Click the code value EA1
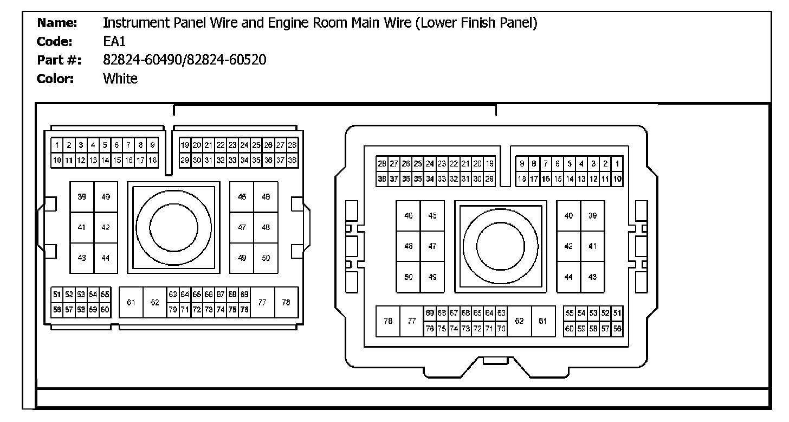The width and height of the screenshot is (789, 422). [114, 42]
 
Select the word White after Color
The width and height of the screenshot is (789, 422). [120, 79]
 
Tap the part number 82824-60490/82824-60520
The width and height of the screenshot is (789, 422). [184, 60]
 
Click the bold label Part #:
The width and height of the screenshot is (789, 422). [59, 60]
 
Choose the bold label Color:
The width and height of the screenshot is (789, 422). [55, 79]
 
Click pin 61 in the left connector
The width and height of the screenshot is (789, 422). [131, 302]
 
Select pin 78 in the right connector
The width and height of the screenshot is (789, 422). [388, 321]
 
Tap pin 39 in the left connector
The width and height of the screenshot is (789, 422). [82, 197]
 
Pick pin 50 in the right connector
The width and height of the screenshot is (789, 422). [409, 277]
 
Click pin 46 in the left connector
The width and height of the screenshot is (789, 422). [266, 197]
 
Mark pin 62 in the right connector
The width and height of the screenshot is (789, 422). [519, 321]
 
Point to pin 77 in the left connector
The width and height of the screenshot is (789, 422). [262, 302]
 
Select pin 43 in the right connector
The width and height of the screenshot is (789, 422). [592, 277]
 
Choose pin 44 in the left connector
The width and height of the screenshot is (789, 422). [105, 258]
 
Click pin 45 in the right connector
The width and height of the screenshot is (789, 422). [432, 216]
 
